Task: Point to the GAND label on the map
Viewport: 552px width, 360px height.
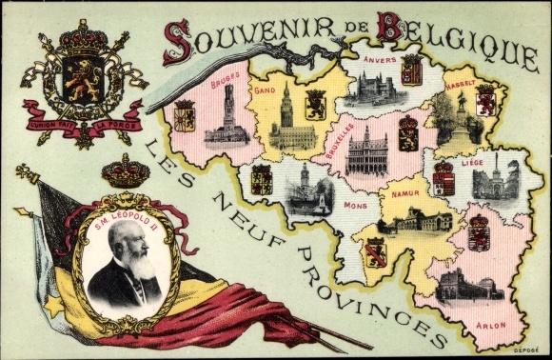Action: click(x=266, y=90)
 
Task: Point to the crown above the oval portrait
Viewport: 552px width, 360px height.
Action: click(x=127, y=172)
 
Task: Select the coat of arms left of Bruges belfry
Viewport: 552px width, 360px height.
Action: click(x=185, y=117)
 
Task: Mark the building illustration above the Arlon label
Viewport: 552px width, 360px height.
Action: click(x=466, y=285)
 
